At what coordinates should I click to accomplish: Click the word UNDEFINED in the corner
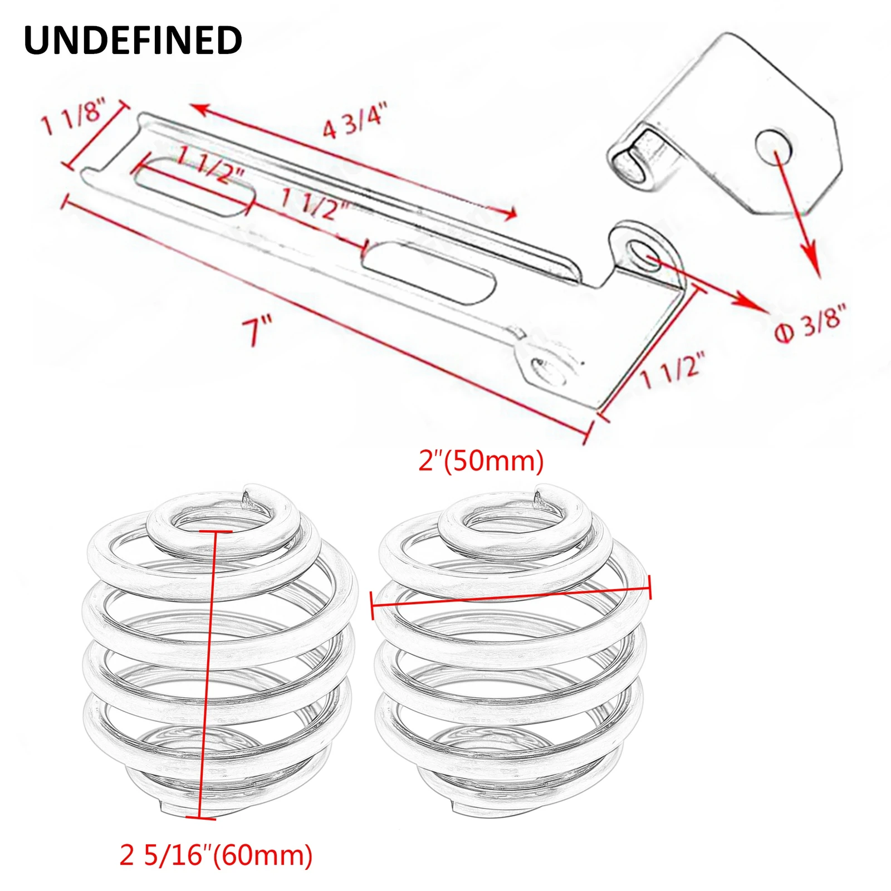point(133,40)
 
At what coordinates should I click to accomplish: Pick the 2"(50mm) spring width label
point(481,462)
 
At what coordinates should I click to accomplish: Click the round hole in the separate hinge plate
point(773,145)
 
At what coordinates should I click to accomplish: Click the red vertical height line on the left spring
point(206,668)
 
